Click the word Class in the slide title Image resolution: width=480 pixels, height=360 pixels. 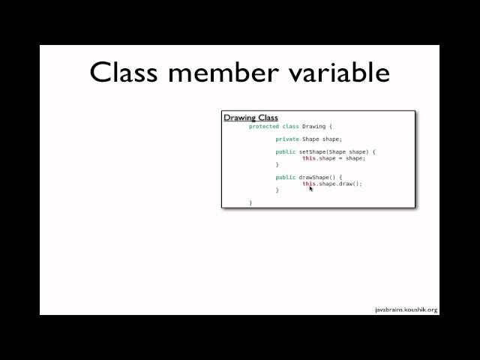point(124,73)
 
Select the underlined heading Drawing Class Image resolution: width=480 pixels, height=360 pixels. point(250,118)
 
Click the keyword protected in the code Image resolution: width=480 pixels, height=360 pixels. point(264,127)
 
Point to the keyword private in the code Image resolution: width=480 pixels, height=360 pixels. point(287,139)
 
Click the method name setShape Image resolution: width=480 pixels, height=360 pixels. point(315,152)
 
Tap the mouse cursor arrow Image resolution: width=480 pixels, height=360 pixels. point(311,189)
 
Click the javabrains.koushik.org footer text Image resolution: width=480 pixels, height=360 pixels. point(406,309)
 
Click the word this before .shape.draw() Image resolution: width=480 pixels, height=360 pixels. point(309,184)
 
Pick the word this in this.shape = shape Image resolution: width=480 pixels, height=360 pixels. point(309,158)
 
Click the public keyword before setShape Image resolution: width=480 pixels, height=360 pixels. point(286,152)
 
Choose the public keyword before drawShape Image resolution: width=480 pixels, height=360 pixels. point(286,178)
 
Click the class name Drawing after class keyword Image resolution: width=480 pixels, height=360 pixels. point(313,127)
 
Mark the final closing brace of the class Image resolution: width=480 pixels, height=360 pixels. point(250,202)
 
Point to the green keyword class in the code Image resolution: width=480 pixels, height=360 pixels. point(290,127)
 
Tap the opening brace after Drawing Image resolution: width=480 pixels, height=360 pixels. point(330,127)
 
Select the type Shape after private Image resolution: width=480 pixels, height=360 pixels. point(310,139)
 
